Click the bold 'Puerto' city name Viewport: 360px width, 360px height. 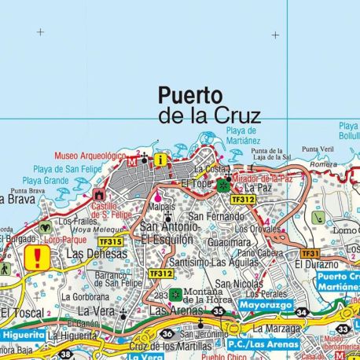(190, 96)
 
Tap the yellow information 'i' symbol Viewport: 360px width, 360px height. (161, 160)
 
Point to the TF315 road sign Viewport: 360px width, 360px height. (111, 242)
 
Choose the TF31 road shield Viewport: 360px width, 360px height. (310, 254)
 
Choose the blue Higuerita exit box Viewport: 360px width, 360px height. (21, 333)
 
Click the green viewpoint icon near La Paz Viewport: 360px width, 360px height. (223, 186)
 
